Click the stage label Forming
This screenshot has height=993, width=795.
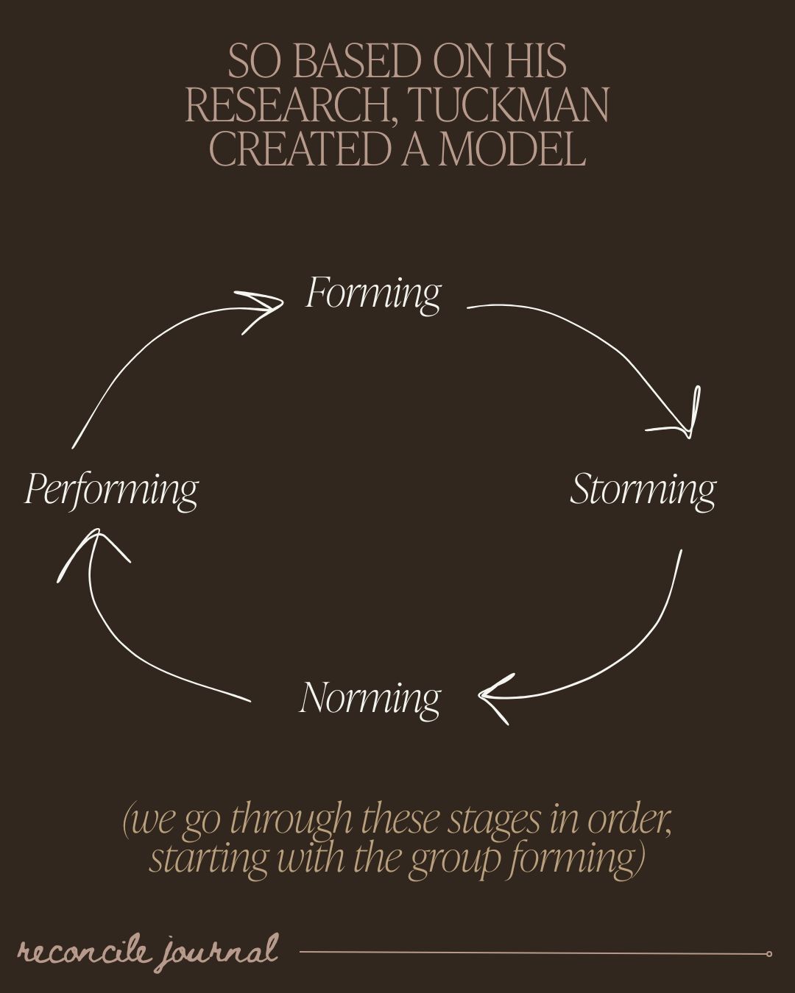point(373,293)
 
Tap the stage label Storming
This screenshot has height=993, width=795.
point(643,490)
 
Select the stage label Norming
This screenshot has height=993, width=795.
point(370,698)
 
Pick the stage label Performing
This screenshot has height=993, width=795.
point(111,490)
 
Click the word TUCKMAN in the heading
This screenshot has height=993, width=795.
point(508,105)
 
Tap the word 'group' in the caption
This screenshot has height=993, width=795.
point(446,859)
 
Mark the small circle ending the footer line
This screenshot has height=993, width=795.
point(768,954)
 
